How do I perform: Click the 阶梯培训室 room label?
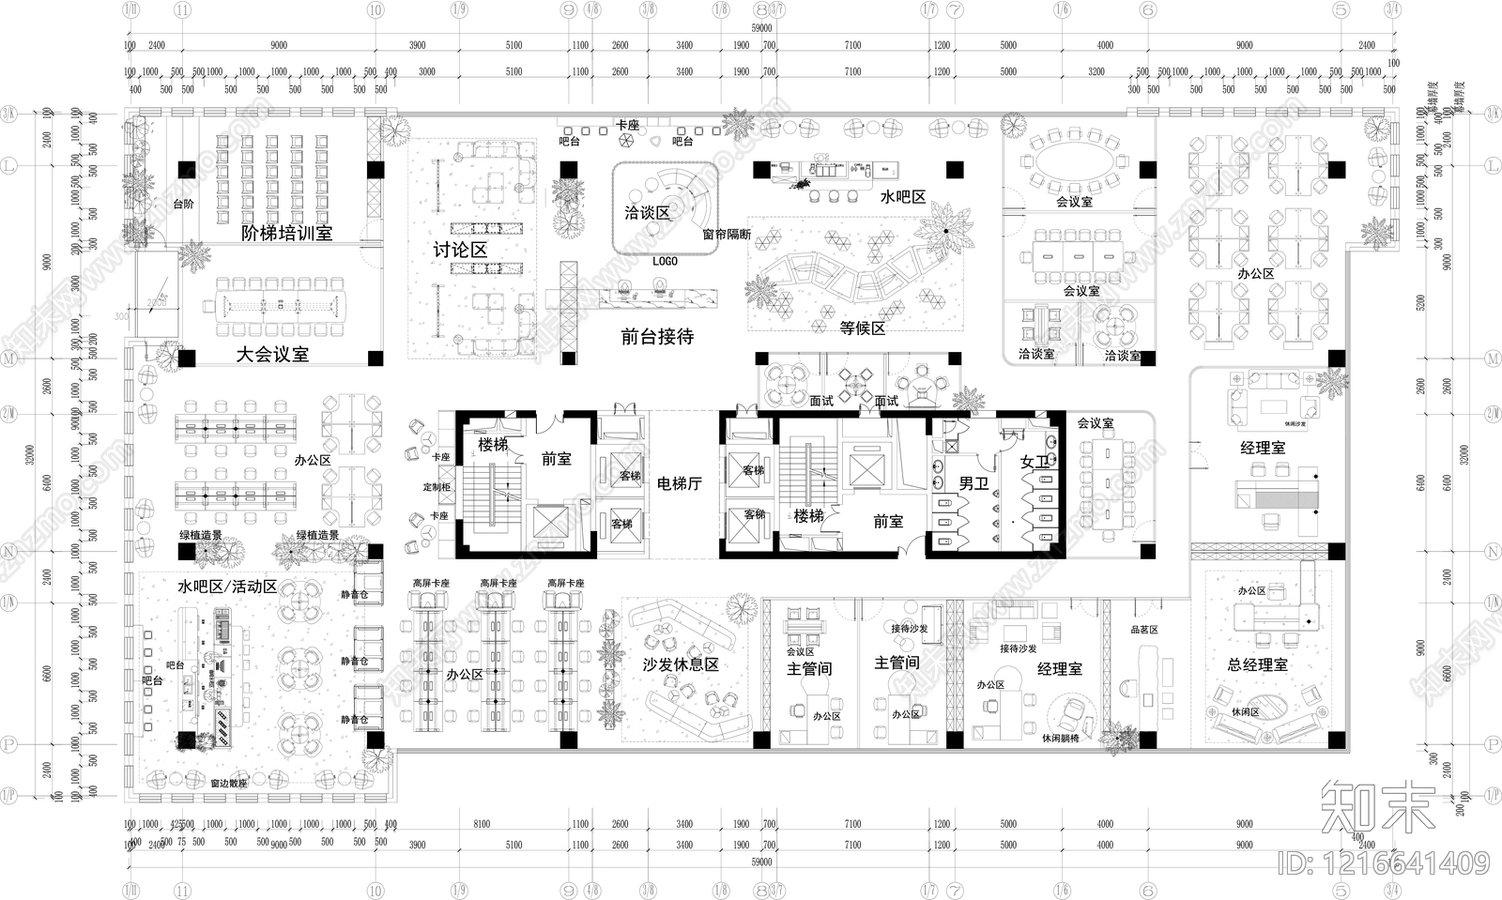[x=286, y=233]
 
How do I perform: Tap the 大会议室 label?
[x=272, y=354]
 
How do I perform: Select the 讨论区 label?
[x=460, y=250]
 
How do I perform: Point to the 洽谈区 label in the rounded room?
[x=647, y=213]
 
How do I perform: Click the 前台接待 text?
[x=657, y=336]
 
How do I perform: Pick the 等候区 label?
[x=862, y=328]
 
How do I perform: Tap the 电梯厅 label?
[x=680, y=483]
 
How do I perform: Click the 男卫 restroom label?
[x=973, y=483]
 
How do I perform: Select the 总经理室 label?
[x=1257, y=664]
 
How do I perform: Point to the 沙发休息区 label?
[x=681, y=664]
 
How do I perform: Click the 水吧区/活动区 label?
[x=227, y=587]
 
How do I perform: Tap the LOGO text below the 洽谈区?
[x=665, y=261]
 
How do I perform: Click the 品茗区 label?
[x=1144, y=630]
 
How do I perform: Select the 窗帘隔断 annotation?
[x=727, y=235]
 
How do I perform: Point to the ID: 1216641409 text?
[x=1385, y=862]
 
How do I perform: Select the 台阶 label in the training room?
[x=184, y=204]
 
